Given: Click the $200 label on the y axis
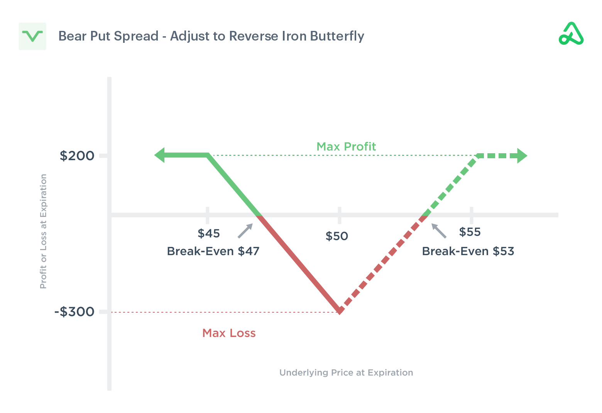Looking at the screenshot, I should (77, 156).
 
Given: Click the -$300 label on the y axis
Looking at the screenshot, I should (74, 311).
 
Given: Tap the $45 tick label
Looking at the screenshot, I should (208, 234).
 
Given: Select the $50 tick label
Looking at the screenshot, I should (337, 236).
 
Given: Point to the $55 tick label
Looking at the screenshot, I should (470, 232).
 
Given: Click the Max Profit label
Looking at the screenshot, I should (346, 147).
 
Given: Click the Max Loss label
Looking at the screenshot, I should (229, 333).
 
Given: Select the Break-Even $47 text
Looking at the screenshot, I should (213, 251).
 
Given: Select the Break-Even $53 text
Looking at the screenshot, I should (468, 251).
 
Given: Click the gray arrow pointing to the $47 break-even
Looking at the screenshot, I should (245, 231).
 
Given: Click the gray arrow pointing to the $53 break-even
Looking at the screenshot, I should (439, 231).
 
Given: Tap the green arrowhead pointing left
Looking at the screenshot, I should (160, 155).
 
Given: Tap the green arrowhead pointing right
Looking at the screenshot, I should (522, 156).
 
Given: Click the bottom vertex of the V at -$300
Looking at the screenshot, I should (340, 310).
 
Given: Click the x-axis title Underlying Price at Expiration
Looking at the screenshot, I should (346, 372).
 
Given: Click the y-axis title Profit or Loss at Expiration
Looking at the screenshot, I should (43, 231).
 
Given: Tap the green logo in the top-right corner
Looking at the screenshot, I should (571, 34).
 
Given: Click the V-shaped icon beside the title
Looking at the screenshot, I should (32, 36).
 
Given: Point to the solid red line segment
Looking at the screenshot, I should (299, 262).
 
